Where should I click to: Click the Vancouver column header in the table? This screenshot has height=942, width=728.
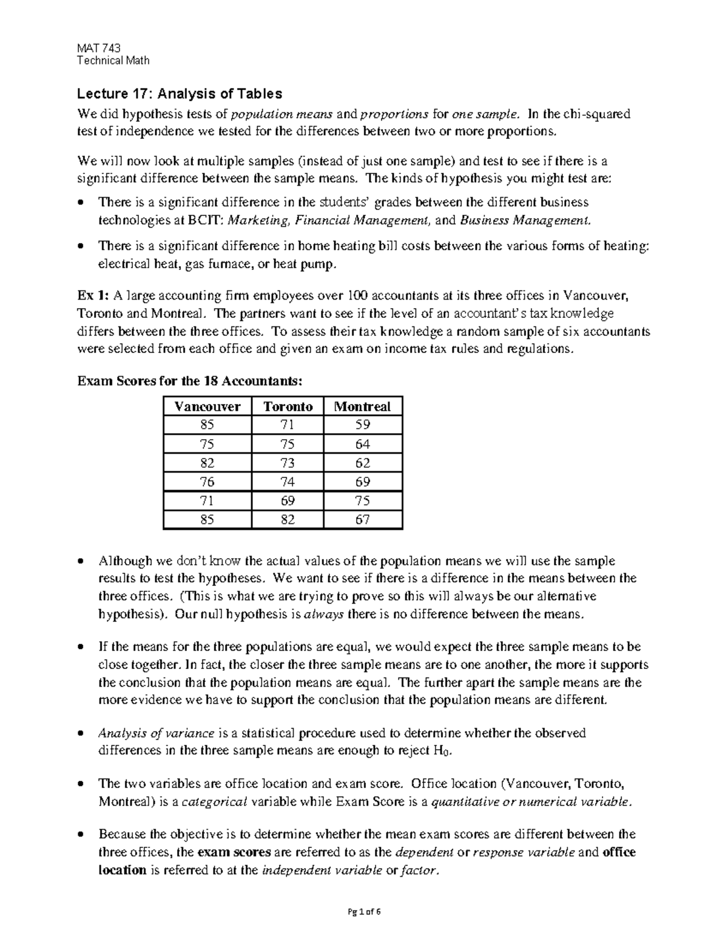[x=207, y=406]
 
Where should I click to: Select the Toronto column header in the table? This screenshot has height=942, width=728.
[x=288, y=406]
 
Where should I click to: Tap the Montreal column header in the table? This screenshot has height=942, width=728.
[x=363, y=406]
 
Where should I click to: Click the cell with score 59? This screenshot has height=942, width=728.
[x=363, y=425]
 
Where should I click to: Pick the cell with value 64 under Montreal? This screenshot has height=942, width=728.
[x=363, y=444]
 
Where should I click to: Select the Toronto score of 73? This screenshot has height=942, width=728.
[x=288, y=463]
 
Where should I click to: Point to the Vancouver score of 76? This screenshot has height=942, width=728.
[x=207, y=482]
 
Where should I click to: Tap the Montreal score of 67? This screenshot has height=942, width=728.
[x=363, y=519]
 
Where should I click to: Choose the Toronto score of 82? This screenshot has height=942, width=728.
[x=288, y=519]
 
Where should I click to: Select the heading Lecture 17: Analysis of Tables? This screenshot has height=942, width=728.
[x=179, y=94]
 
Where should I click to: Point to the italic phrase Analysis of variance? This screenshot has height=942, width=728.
[x=156, y=733]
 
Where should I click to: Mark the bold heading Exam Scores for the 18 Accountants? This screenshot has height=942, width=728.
[x=188, y=382]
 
